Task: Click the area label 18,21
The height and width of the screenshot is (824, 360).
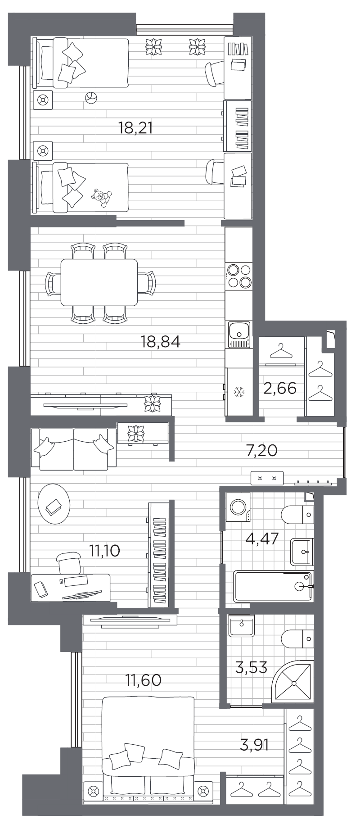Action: (135, 128)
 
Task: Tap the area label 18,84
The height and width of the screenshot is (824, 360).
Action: (160, 342)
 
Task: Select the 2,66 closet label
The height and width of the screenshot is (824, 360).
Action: (279, 388)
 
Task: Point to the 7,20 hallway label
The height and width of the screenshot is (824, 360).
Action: (261, 450)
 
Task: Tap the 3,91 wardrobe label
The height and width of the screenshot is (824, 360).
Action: (255, 745)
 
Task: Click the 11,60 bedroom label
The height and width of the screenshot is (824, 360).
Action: (144, 680)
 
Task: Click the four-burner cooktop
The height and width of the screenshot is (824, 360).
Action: (239, 276)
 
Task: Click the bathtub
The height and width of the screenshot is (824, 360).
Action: (273, 586)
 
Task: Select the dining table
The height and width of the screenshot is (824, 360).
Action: (99, 282)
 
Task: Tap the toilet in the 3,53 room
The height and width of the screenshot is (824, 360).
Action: (298, 638)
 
